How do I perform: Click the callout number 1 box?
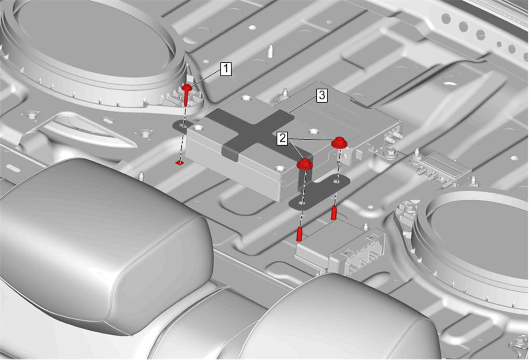[226, 69]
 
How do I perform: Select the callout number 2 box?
[283, 138]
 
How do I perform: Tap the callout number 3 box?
[322, 96]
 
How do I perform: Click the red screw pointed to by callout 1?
[186, 94]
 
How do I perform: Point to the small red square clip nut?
[180, 163]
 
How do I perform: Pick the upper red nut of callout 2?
[339, 143]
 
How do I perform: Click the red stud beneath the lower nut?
[299, 234]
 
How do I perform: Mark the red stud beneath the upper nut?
[334, 213]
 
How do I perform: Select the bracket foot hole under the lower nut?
[302, 203]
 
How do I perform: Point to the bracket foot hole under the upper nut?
[337, 181]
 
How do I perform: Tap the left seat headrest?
[106, 245]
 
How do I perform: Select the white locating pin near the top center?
[271, 51]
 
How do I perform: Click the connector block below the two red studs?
[340, 250]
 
